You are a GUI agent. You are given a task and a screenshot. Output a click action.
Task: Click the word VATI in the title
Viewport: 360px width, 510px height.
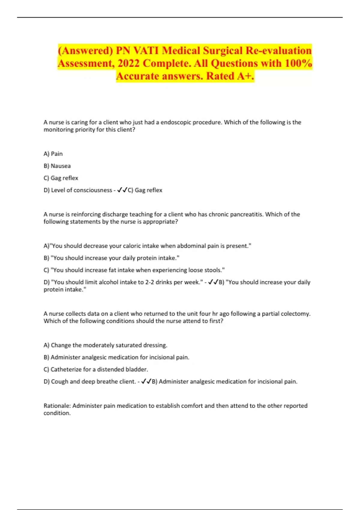[146, 50]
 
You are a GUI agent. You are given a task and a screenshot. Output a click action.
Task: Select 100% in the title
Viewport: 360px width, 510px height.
[298, 63]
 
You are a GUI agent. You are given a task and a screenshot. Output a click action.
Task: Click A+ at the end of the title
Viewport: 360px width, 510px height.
[245, 76]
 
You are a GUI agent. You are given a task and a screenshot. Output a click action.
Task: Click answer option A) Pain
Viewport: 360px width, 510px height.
[53, 154]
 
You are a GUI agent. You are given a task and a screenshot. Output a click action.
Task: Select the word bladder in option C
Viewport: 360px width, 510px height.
[138, 370]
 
